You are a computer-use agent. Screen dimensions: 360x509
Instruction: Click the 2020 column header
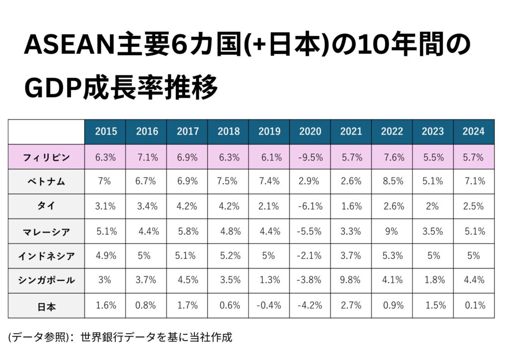pyautogui.click(x=310, y=132)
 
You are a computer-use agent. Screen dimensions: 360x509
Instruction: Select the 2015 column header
pyautogui.click(x=106, y=132)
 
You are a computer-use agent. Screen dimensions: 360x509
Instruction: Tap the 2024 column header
pyautogui.click(x=473, y=132)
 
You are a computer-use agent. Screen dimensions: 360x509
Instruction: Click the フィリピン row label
pyautogui.click(x=46, y=157)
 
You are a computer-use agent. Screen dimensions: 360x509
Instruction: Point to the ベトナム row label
pyautogui.click(x=46, y=181)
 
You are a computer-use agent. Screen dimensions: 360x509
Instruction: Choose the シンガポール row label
pyautogui.click(x=46, y=280)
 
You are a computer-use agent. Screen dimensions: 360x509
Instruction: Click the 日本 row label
pyautogui.click(x=46, y=306)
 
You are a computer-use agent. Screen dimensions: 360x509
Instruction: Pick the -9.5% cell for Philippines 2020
pyautogui.click(x=310, y=157)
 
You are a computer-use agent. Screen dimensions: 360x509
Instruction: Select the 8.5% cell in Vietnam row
pyautogui.click(x=393, y=181)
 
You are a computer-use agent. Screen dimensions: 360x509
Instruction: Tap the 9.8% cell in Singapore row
pyautogui.click(x=351, y=280)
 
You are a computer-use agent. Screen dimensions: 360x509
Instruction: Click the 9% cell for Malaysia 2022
pyautogui.click(x=392, y=231)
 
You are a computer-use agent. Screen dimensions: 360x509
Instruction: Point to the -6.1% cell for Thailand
pyautogui.click(x=310, y=206)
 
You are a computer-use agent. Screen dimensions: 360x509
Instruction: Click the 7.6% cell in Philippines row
pyautogui.click(x=393, y=157)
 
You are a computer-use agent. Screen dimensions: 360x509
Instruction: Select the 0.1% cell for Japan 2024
pyautogui.click(x=473, y=305)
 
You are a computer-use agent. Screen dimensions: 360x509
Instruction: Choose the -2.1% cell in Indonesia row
pyautogui.click(x=310, y=256)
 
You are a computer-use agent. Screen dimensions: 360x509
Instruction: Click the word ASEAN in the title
pyautogui.click(x=69, y=47)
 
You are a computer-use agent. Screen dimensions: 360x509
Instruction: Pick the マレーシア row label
pyautogui.click(x=46, y=231)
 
